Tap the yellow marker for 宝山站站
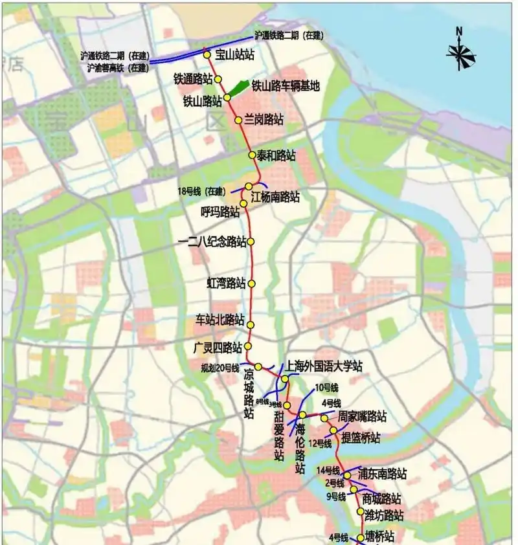207,55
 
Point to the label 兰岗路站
264,120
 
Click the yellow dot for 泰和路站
252,155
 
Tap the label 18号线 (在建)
201,191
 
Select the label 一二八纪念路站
212,241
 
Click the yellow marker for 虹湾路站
252,284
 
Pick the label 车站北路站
220,320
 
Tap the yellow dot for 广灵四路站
247,346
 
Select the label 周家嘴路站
363,416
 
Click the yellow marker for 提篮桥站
333,430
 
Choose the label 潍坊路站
383,516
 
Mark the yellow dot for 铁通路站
219,79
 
